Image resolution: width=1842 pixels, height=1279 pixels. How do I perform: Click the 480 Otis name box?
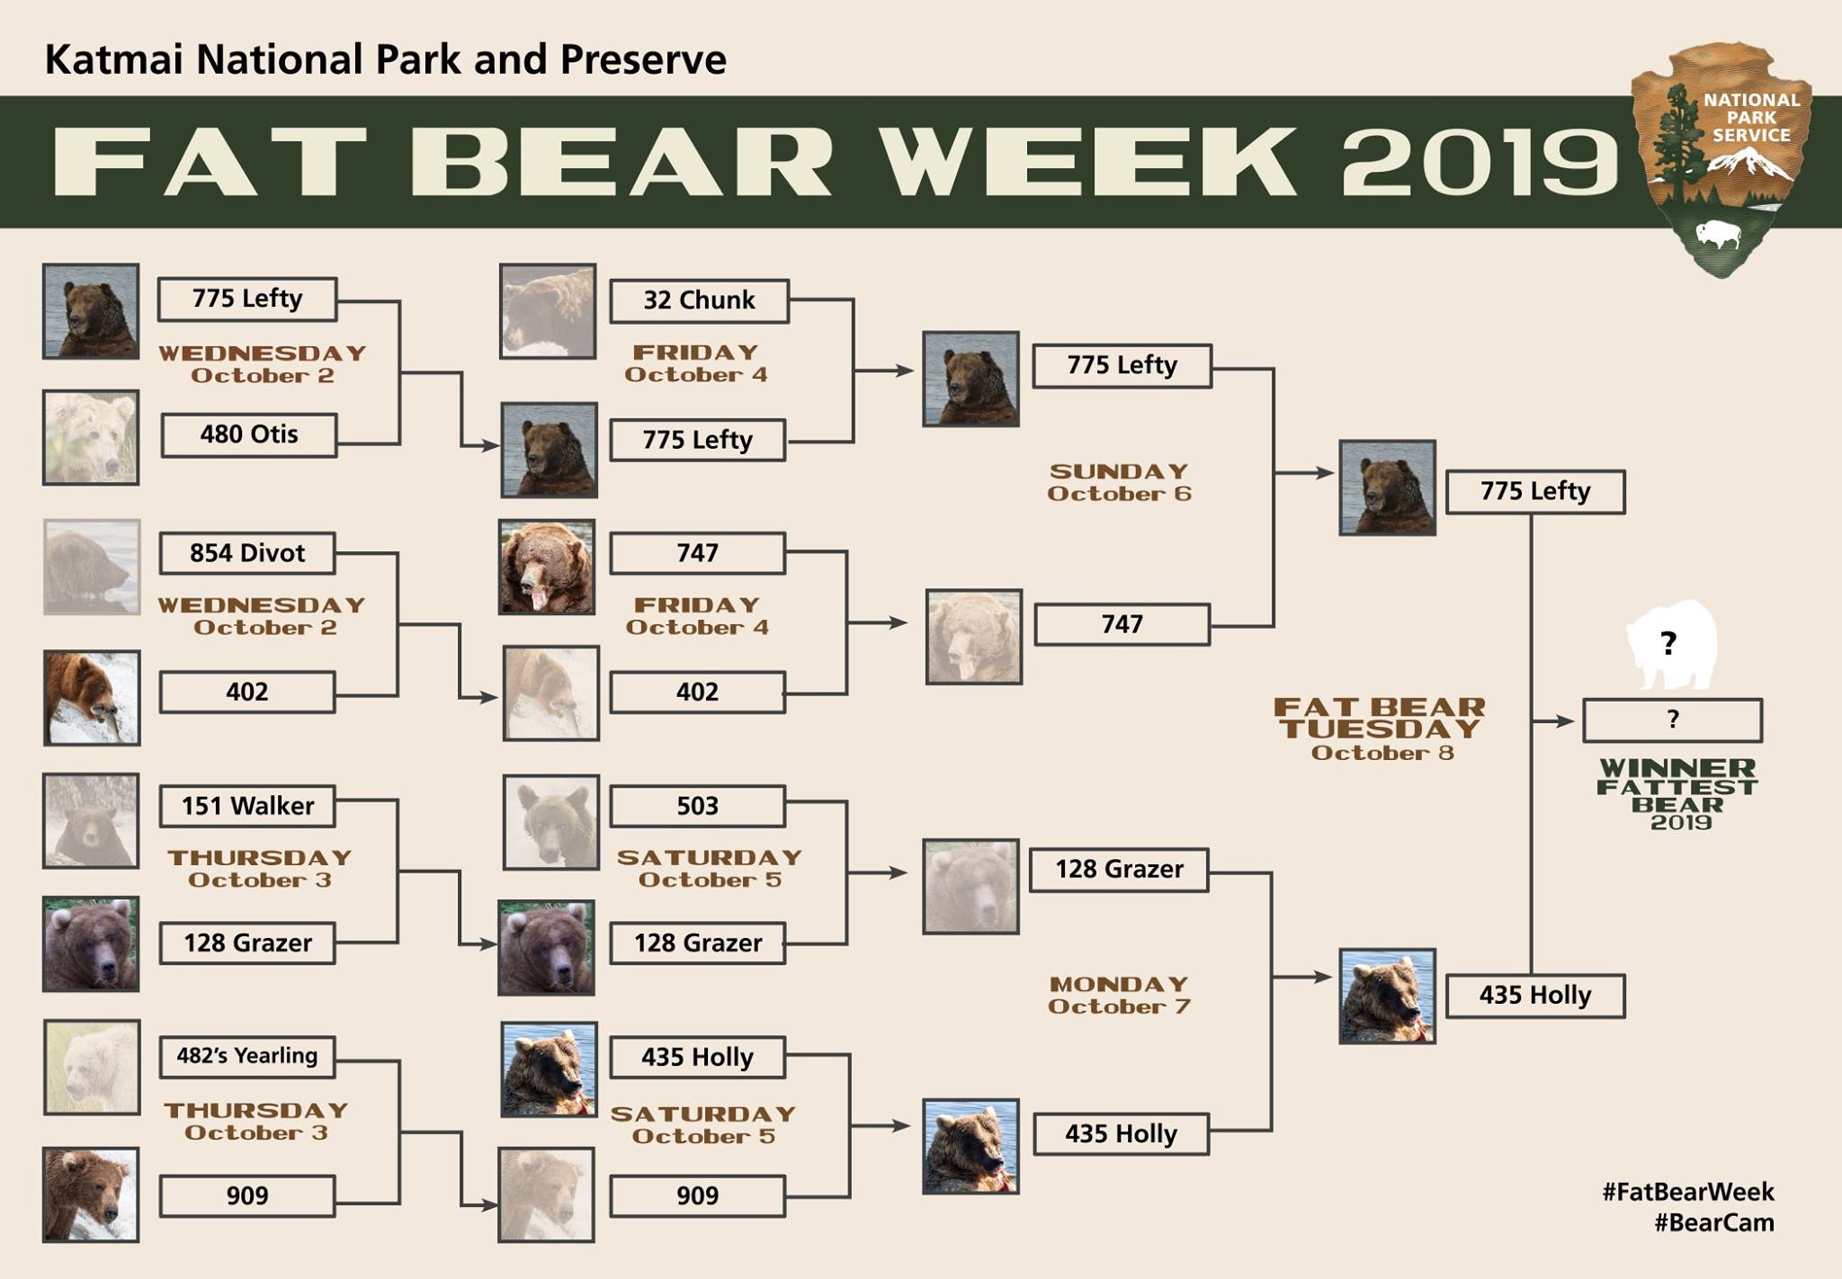(249, 435)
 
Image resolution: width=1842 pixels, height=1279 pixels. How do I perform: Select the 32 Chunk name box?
(699, 301)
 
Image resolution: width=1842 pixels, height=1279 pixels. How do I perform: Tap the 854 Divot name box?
(247, 553)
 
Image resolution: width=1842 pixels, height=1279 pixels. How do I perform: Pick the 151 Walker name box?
(247, 806)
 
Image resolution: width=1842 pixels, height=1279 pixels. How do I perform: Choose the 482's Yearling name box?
(247, 1056)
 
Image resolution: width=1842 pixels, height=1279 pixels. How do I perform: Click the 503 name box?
(697, 806)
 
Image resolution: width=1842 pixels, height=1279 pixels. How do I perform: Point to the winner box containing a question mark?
(1672, 720)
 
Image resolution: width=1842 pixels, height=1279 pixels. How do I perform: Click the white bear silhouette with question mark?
(1671, 644)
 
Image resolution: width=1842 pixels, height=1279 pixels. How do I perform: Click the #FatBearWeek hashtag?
(1688, 1193)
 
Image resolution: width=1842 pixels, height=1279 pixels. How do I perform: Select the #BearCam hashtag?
(1714, 1223)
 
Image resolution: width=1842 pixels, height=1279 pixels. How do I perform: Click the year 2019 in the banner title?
(1480, 163)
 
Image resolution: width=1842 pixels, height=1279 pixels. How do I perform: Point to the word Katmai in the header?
(114, 60)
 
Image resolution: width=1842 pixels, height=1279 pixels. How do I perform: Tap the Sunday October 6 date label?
(1120, 483)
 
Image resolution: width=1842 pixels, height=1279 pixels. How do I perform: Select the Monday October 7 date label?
(1120, 996)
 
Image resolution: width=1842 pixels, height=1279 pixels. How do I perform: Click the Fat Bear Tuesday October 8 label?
(1381, 729)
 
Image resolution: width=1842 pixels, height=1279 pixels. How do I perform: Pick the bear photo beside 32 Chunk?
(548, 311)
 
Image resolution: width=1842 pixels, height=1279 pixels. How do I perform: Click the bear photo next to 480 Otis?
(91, 437)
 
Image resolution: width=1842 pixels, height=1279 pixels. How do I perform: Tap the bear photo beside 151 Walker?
(91, 821)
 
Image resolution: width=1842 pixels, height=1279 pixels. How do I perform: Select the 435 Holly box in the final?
(1535, 996)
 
